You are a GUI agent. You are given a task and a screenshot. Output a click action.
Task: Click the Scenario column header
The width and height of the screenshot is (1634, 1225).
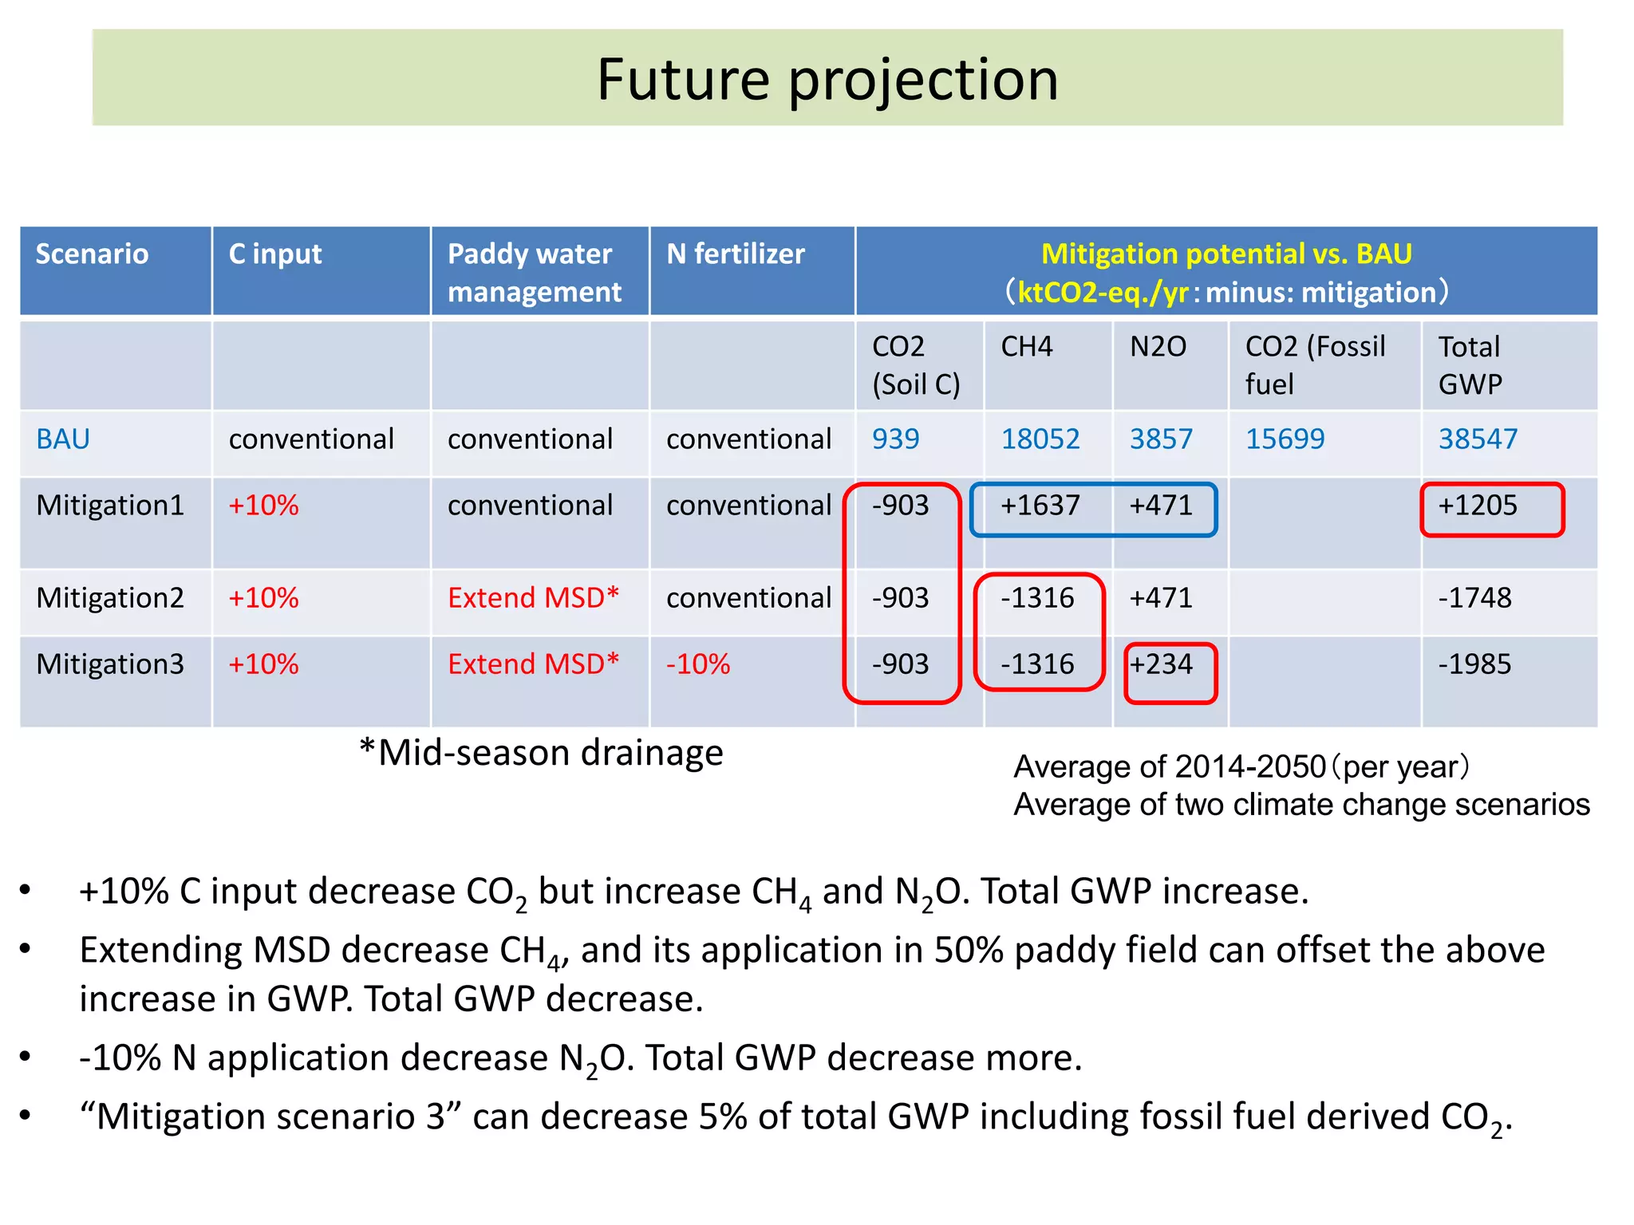[x=92, y=254]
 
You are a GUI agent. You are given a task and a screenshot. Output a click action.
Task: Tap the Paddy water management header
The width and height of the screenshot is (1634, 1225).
[x=534, y=273]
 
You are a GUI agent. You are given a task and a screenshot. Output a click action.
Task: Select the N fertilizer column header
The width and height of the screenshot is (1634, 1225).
[x=735, y=254]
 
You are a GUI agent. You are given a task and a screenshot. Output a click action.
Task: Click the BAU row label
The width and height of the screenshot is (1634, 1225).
[x=63, y=439]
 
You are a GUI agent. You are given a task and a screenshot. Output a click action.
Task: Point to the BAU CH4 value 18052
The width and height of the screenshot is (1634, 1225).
[x=1040, y=439]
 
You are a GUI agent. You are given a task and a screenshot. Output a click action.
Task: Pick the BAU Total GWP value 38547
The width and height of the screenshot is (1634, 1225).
[x=1477, y=439]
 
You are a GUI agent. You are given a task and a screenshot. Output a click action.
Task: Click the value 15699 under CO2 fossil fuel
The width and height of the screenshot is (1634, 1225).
[x=1285, y=439]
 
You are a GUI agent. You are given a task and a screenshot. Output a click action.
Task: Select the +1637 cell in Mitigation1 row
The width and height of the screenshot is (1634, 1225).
[x=1040, y=506]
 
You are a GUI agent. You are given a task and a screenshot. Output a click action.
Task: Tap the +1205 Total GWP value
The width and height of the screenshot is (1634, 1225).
[x=1477, y=506]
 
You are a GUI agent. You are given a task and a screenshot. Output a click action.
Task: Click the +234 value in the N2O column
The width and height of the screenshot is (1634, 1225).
[x=1161, y=664]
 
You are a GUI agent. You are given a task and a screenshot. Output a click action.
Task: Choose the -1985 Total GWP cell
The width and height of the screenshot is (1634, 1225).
[x=1474, y=664]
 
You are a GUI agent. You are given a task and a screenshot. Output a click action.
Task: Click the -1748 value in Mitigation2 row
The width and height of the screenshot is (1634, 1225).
[x=1474, y=598]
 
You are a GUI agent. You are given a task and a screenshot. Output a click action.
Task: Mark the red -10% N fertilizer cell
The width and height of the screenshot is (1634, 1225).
[x=698, y=664]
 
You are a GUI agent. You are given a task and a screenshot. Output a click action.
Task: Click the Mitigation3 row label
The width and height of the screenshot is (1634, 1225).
[x=110, y=664]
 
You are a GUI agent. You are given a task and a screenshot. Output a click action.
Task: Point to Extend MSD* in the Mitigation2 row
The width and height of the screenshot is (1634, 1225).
[x=533, y=598]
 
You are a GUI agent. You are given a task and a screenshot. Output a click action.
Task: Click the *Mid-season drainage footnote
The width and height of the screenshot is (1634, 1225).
[x=542, y=753]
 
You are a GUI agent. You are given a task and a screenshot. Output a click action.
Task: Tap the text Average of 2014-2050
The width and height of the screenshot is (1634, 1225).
[x=1169, y=767]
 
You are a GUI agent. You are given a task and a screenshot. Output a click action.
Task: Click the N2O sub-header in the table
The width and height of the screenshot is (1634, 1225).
[x=1158, y=347]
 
